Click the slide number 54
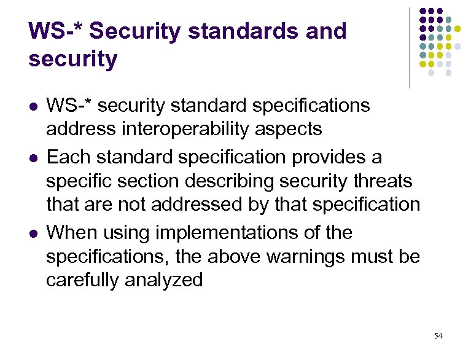coord(438,335)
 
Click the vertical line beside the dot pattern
coord(410,48)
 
